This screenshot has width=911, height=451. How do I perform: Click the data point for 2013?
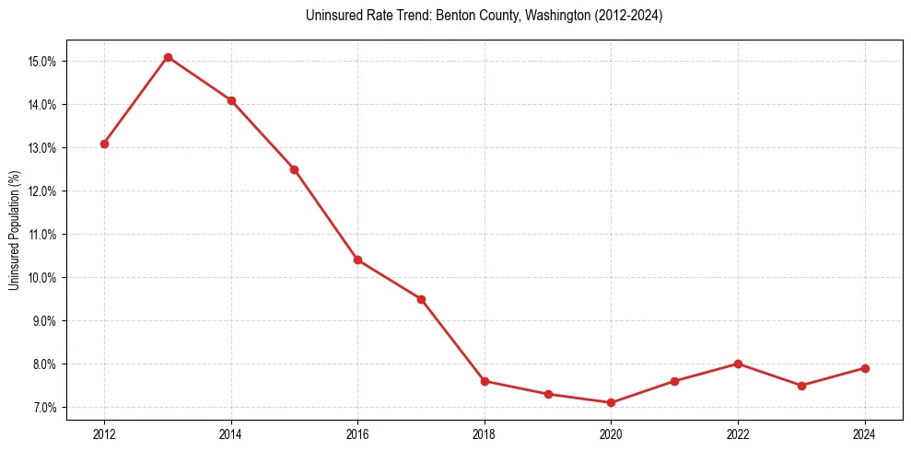[x=168, y=57]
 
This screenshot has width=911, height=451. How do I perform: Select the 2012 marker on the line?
[x=104, y=144]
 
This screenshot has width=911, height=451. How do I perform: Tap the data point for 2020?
[x=611, y=402]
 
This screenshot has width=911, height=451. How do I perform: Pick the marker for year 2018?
[x=485, y=381]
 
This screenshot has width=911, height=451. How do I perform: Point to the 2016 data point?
[x=357, y=260]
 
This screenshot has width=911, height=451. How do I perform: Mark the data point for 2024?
[x=865, y=368]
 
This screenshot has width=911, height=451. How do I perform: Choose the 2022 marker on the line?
[x=738, y=364]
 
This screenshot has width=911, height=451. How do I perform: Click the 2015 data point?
[x=294, y=169]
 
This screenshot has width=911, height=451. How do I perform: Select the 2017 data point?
[x=421, y=299]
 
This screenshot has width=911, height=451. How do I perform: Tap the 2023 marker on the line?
[x=801, y=386]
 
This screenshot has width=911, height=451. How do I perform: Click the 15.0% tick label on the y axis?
[x=42, y=62]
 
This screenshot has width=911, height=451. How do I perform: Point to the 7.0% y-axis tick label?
[x=44, y=408]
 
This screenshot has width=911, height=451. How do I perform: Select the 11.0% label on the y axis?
[x=42, y=235]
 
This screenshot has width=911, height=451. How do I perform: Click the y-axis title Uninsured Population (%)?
[x=14, y=229]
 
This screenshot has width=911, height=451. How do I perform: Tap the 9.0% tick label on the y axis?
[x=44, y=321]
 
